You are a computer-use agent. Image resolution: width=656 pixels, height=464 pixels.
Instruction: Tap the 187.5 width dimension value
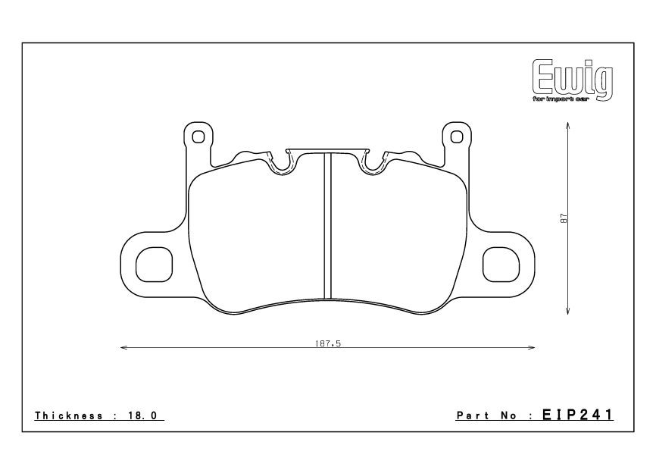click(x=328, y=343)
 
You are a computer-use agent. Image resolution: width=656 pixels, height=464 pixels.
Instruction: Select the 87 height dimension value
click(x=564, y=218)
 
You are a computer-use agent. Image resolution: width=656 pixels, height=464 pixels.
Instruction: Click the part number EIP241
click(x=578, y=415)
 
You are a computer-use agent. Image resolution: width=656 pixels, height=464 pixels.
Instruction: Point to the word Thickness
click(x=69, y=415)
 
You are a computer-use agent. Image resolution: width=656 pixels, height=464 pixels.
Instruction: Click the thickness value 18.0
click(x=142, y=415)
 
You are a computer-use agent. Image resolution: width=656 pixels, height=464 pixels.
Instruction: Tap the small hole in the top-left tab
click(x=198, y=137)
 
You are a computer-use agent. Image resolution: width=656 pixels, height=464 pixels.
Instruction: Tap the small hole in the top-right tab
click(x=457, y=137)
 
